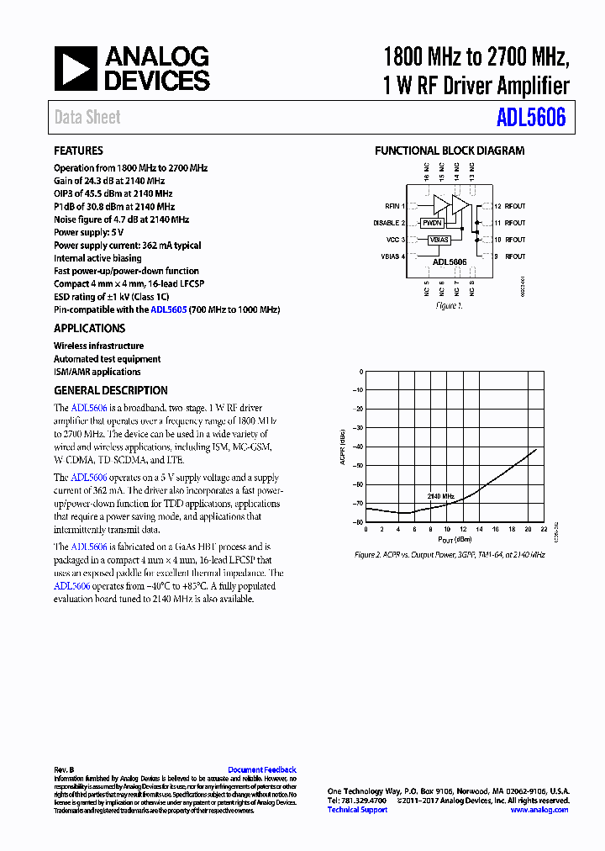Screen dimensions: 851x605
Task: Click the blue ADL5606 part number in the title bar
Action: tap(530, 118)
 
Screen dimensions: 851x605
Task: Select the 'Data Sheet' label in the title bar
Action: tap(87, 118)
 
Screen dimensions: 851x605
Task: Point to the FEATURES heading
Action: tap(78, 151)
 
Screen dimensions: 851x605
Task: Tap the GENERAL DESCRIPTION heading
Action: tap(110, 390)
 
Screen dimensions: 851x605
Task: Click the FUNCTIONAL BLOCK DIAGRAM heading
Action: tap(449, 151)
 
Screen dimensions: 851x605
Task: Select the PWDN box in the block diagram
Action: tap(432, 224)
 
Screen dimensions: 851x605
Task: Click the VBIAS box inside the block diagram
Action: tap(439, 240)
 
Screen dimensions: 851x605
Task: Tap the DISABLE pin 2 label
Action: tap(389, 223)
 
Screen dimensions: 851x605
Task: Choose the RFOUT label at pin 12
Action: tap(510, 206)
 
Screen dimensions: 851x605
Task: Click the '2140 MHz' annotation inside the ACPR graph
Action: tap(440, 497)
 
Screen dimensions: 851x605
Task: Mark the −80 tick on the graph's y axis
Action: tap(358, 522)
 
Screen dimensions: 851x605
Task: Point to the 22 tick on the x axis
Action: tap(544, 530)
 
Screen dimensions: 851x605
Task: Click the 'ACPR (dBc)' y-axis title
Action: tap(343, 447)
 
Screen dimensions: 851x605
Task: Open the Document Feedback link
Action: tap(262, 769)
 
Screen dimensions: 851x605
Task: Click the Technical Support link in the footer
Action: tap(357, 810)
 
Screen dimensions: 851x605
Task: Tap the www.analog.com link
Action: tap(539, 810)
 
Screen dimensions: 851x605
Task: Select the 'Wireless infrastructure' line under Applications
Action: tap(98, 346)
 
